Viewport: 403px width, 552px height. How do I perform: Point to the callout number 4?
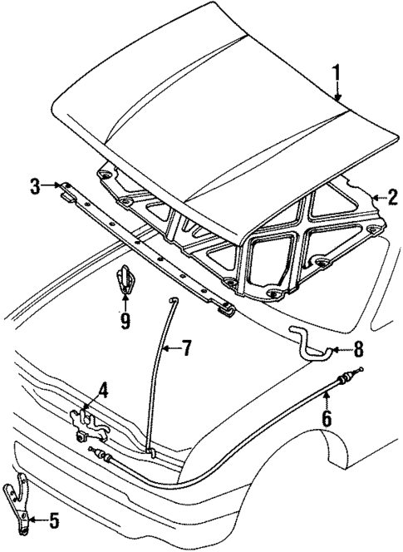click(x=103, y=388)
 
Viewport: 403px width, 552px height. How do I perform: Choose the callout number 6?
click(x=327, y=420)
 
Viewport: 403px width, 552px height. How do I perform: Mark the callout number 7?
click(x=186, y=347)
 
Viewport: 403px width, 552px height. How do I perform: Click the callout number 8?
click(x=359, y=349)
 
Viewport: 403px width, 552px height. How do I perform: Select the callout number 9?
click(x=124, y=320)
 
